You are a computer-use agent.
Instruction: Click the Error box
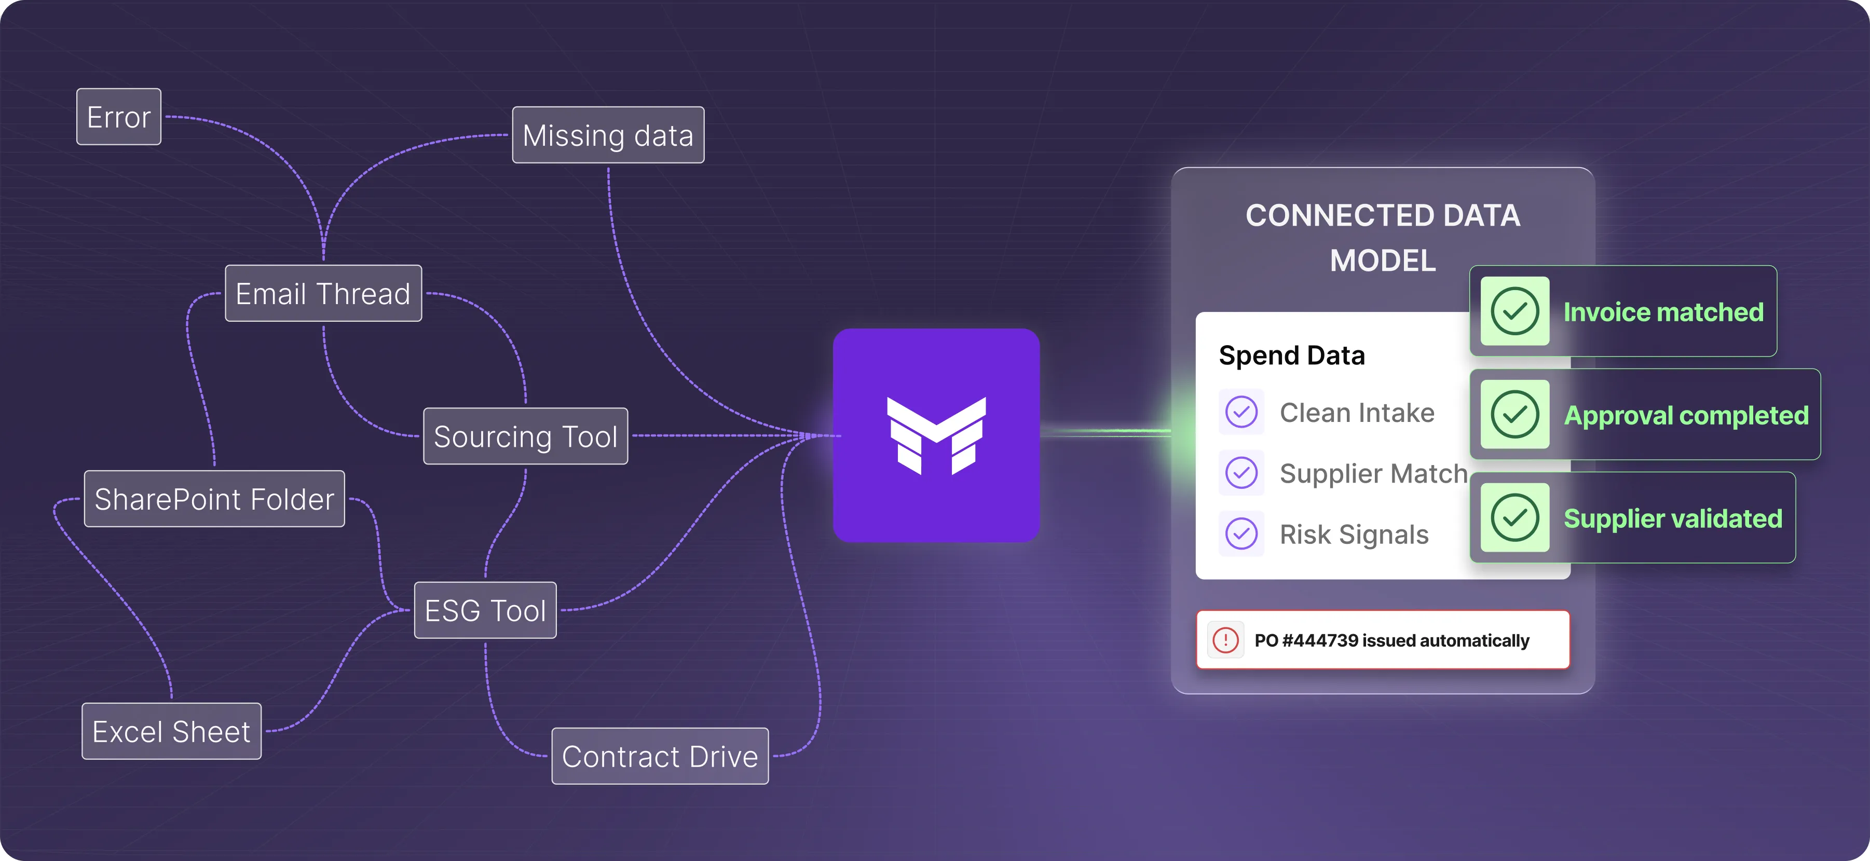pos(119,117)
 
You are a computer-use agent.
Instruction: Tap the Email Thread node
pos(323,293)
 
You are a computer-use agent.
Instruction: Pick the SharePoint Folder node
pos(214,499)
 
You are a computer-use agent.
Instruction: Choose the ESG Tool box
pos(485,610)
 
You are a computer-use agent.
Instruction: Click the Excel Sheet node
pos(171,731)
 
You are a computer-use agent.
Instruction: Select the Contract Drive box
pos(660,757)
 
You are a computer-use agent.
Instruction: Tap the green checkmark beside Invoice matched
pos(1515,311)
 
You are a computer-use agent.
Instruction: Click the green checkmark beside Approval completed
pos(1515,415)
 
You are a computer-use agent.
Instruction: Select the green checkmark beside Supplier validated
pos(1515,517)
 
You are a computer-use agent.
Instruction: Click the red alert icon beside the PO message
pos(1225,640)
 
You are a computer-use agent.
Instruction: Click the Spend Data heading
pos(1291,356)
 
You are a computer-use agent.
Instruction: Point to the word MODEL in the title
pos(1382,261)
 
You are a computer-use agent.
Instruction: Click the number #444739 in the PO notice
pos(1320,640)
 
